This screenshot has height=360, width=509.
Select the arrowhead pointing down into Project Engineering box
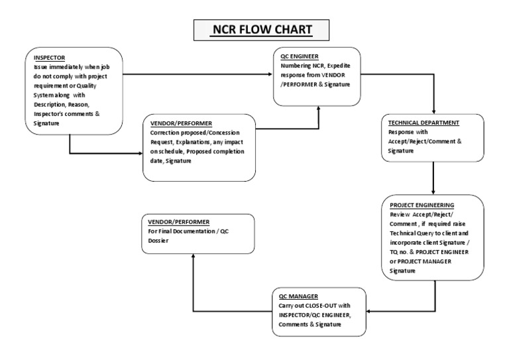[433, 193]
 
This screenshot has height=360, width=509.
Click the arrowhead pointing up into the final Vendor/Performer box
[192, 256]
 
